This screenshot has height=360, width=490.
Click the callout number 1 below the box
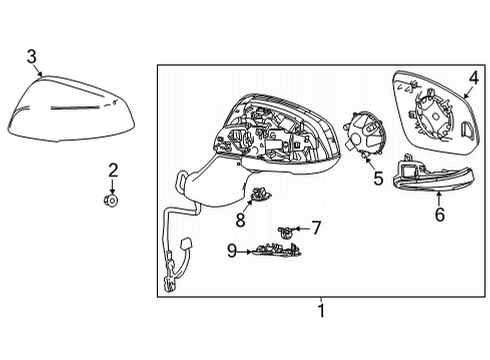pos(320,311)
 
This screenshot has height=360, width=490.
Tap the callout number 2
pos(113,171)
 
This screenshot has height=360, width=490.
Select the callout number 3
pos(32,56)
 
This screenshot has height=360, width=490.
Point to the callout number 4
pos(473,74)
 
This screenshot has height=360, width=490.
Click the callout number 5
pos(377,179)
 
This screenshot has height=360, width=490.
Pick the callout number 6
pos(438,213)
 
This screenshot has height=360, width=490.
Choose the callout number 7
pos(315,228)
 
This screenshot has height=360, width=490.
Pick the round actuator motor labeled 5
pos(364,135)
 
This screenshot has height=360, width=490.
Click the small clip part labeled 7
pos(286,230)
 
